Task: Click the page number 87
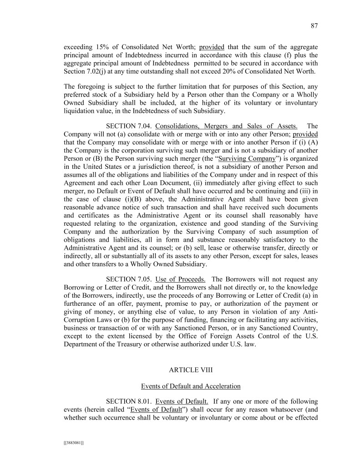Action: pyautogui.click(x=314, y=26)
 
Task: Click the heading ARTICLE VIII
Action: pyautogui.click(x=191, y=370)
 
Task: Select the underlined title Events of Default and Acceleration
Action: pyautogui.click(x=191, y=386)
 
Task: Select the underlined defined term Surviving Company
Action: pyautogui.click(x=247, y=159)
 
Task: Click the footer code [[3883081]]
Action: pyautogui.click(x=74, y=442)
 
